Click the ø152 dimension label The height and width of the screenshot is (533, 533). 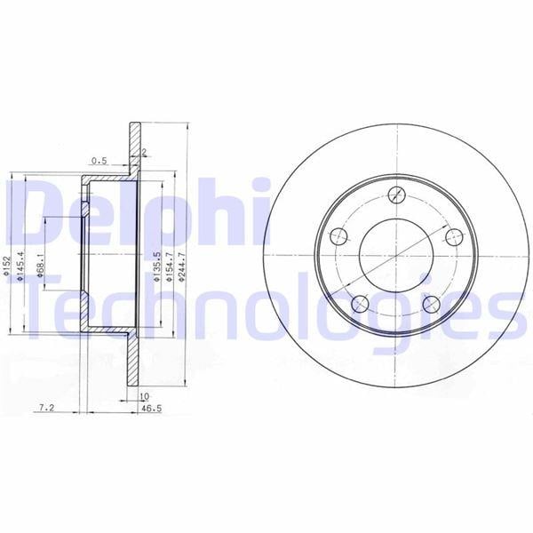point(7,265)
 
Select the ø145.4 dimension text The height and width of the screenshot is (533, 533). point(21,266)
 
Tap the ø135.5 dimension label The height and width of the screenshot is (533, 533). point(156,266)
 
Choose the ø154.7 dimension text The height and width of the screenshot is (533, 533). point(170,266)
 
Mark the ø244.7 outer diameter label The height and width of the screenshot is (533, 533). point(182,266)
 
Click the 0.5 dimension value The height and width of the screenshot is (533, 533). point(99,161)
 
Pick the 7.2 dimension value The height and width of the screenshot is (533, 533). point(46,407)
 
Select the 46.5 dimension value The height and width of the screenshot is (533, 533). point(151,409)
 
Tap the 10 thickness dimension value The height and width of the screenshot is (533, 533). point(145,396)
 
